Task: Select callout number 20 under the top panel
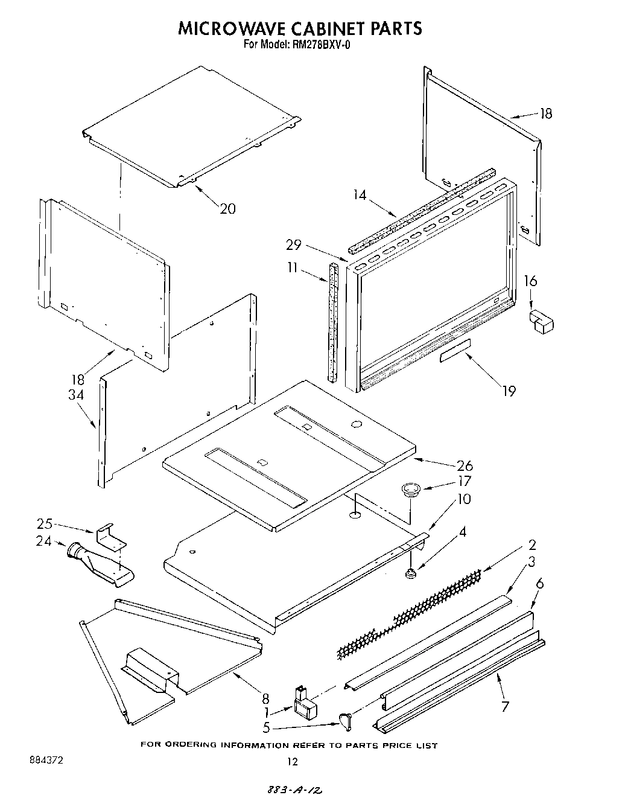[227, 208]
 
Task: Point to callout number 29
[294, 245]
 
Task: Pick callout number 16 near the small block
[530, 281]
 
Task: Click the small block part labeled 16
[541, 321]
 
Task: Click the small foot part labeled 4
[411, 573]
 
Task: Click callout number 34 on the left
[76, 395]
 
